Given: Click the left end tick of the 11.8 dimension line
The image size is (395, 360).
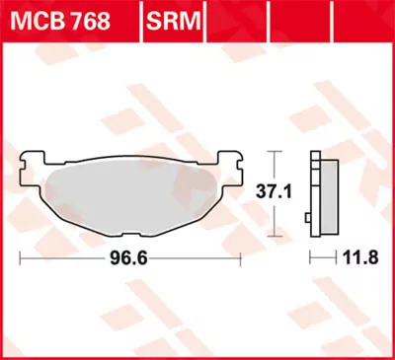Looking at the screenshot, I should pos(310,257).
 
